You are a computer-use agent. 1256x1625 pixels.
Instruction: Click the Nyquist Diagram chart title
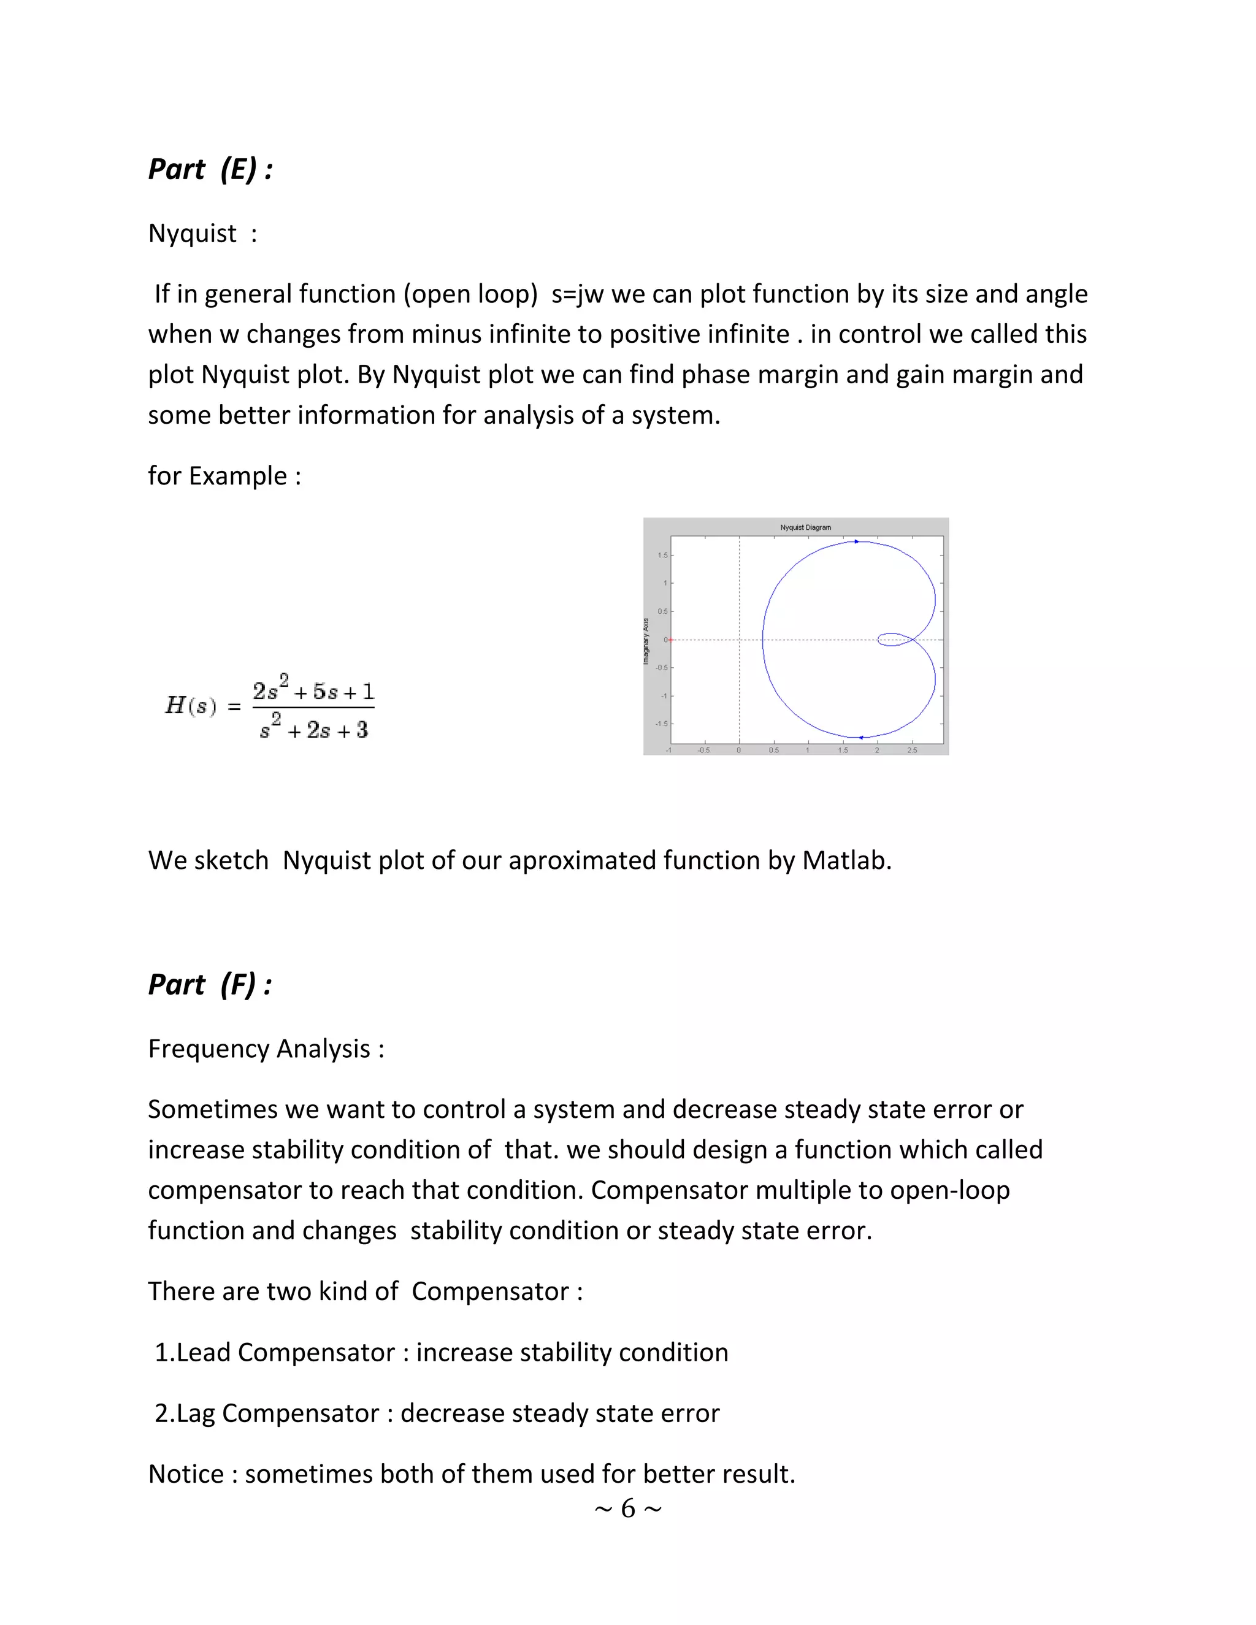point(805,527)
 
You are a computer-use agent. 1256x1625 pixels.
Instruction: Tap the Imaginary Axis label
point(646,641)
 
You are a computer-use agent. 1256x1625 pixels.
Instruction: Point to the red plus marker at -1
point(670,640)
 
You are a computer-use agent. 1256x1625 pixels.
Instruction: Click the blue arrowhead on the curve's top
point(856,541)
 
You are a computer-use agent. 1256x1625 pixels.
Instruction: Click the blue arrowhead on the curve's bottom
point(861,737)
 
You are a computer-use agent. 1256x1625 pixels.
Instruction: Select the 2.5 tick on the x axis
point(911,750)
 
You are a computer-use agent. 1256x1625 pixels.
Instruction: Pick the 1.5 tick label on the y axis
point(662,555)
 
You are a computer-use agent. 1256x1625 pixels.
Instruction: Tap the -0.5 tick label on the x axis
point(703,750)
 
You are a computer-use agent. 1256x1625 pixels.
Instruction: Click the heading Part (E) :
point(210,170)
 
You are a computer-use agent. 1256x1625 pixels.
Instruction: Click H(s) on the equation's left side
point(191,705)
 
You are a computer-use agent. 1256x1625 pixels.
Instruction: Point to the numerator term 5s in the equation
point(324,692)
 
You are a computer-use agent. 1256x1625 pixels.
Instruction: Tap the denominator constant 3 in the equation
point(362,731)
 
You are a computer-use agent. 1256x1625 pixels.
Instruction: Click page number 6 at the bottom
point(628,1509)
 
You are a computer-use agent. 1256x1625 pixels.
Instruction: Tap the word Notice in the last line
point(185,1474)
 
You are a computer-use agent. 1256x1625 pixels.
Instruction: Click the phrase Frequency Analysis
point(259,1049)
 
